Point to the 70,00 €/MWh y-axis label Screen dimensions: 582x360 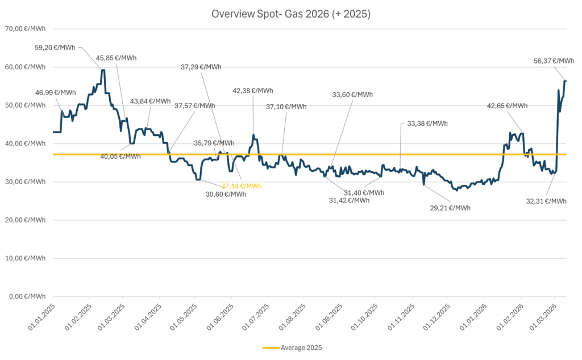pos(25,28)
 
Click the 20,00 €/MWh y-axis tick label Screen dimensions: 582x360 pos(25,220)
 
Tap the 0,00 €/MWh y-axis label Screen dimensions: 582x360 pos(27,296)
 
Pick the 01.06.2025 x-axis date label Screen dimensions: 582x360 pos(220,317)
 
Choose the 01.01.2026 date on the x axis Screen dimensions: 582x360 pos(473,317)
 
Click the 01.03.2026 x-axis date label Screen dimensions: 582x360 pos(543,317)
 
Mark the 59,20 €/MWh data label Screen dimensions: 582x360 pos(55,48)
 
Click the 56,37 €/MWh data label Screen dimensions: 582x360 pos(554,61)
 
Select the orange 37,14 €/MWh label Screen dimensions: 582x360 pos(241,186)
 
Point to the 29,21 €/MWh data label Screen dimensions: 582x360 pos(450,208)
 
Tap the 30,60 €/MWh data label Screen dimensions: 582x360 pos(226,195)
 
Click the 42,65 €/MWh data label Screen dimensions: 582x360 pos(508,106)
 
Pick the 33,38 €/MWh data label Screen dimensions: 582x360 pos(427,123)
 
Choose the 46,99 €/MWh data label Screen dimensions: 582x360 pos(56,93)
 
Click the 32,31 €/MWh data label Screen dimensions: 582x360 pos(546,201)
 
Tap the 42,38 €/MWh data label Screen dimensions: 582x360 pos(253,90)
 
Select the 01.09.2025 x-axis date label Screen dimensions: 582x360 pos(329,317)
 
